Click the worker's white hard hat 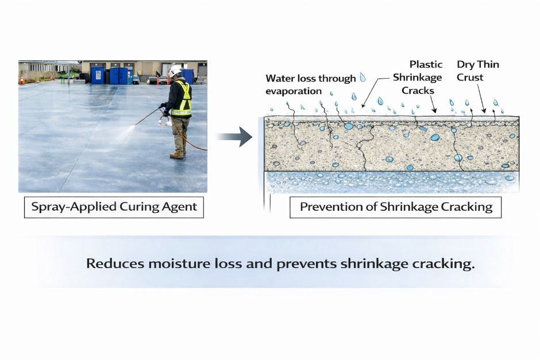tap(175, 71)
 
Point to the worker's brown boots tap(178, 155)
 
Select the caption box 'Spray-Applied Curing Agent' tap(114, 207)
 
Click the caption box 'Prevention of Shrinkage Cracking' tap(396, 207)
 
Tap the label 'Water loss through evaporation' tap(310, 84)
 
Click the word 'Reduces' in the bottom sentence tap(117, 264)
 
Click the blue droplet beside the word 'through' tap(362, 77)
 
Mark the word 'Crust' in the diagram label tap(470, 78)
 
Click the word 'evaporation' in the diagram tap(294, 91)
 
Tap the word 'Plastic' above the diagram tap(426, 64)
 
